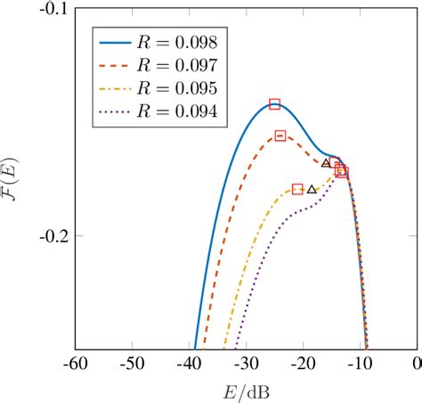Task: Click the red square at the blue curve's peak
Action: (274, 104)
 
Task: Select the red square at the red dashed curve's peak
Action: (280, 136)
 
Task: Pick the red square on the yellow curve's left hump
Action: (297, 189)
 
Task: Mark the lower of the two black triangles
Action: (312, 189)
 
